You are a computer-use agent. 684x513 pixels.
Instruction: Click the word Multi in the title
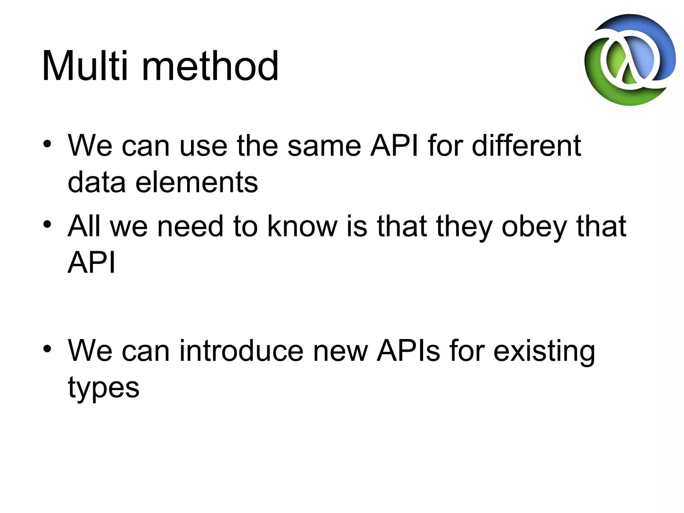[x=84, y=66]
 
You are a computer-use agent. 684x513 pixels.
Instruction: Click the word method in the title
[x=210, y=66]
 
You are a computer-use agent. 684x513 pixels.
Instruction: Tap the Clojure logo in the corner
[x=630, y=60]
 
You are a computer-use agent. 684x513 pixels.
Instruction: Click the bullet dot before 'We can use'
[x=47, y=144]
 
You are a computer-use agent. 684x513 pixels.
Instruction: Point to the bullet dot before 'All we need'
[x=47, y=224]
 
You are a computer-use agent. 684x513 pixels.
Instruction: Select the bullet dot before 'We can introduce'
[x=47, y=349]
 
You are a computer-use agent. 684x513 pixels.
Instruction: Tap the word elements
[x=196, y=182]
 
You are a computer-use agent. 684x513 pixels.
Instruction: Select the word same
[x=324, y=146]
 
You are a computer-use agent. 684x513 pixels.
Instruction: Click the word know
[x=302, y=226]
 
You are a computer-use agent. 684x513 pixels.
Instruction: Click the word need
[x=190, y=226]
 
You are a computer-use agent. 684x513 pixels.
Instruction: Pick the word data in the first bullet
[x=97, y=182]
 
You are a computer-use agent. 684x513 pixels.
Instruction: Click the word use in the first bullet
[x=203, y=146]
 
